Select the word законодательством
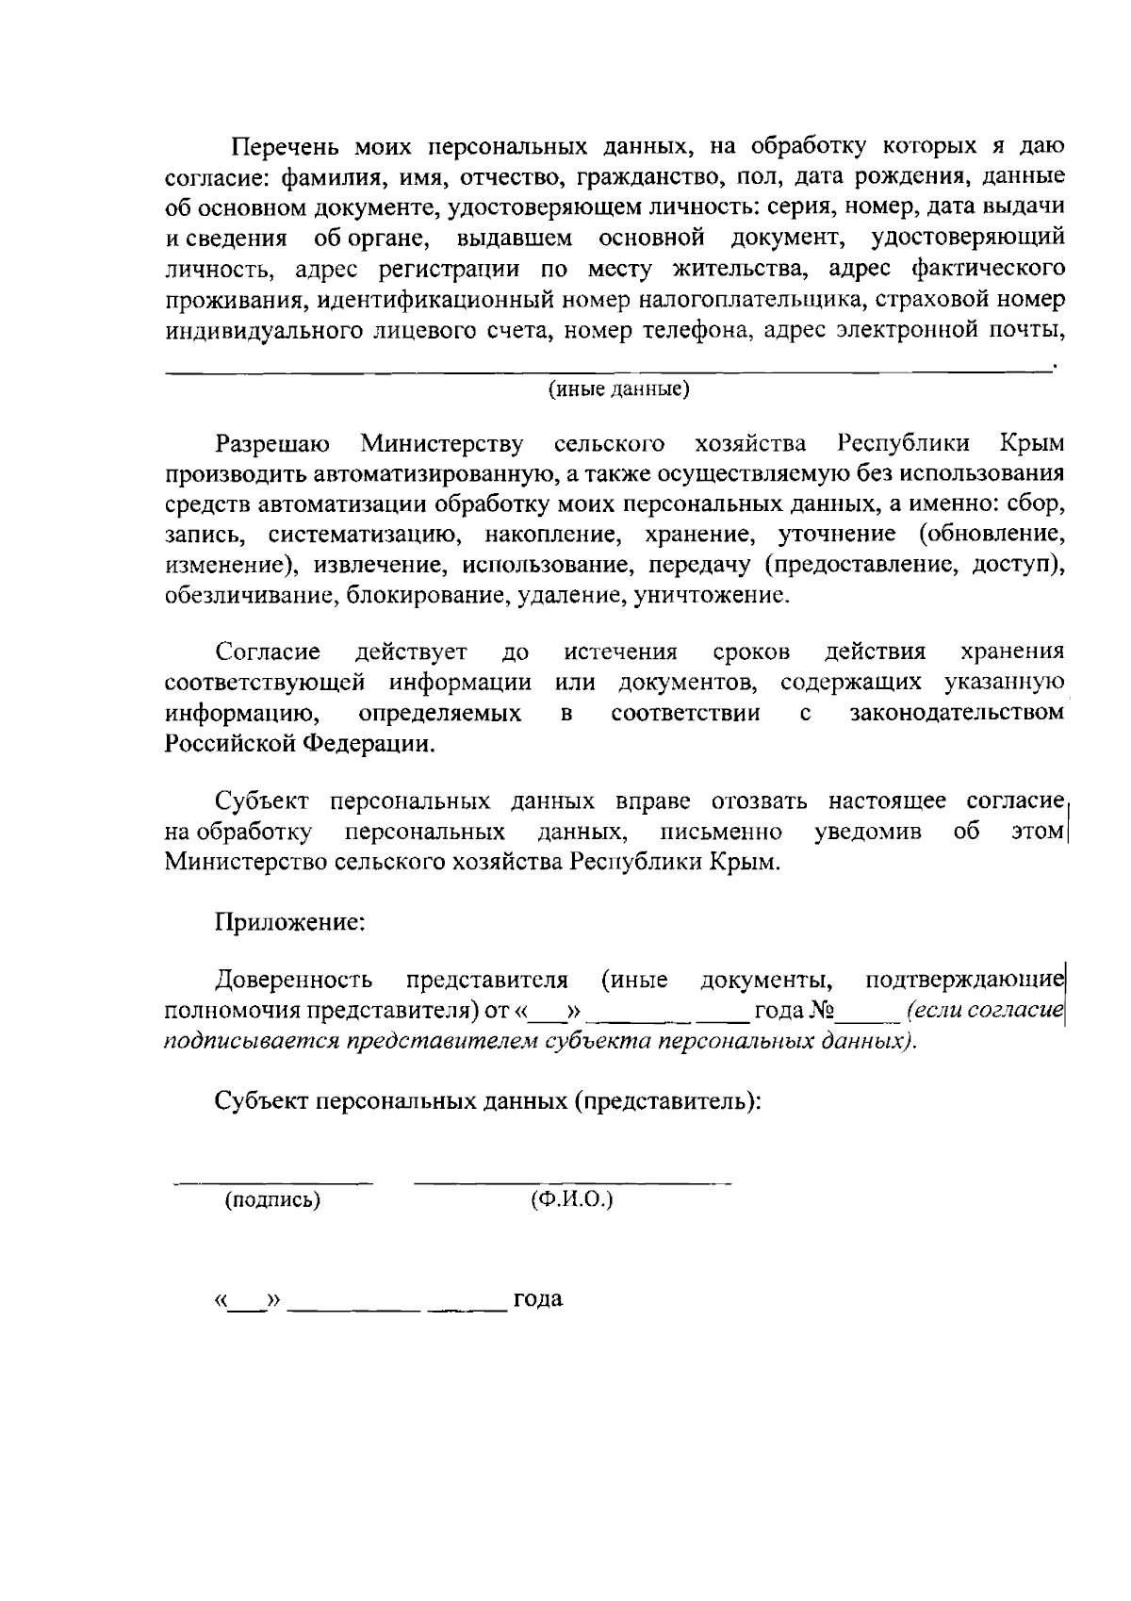[x=957, y=713]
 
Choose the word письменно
[x=721, y=832]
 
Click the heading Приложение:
[x=290, y=921]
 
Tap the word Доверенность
[x=293, y=980]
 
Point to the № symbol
[x=824, y=1011]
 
